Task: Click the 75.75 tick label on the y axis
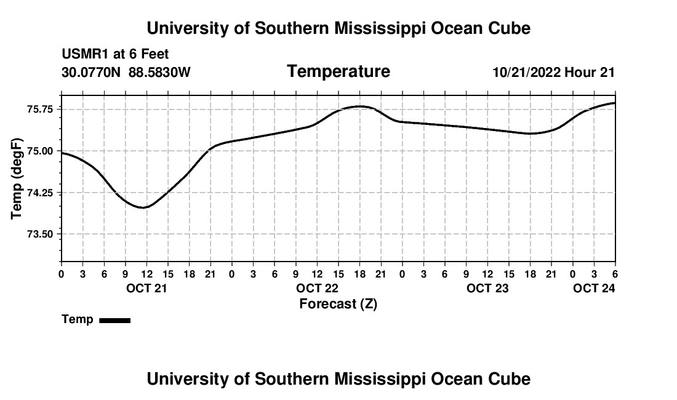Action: click(41, 109)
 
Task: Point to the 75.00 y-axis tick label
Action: click(41, 151)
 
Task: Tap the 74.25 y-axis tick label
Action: click(41, 193)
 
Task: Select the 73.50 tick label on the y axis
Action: click(41, 234)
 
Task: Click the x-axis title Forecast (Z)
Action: click(338, 303)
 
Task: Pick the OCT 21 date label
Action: click(146, 288)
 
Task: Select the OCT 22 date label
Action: click(317, 288)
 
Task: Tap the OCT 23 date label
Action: click(487, 288)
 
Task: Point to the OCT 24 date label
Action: click(594, 288)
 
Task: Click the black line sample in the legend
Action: click(114, 320)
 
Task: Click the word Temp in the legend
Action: click(78, 319)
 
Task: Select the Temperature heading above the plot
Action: click(338, 71)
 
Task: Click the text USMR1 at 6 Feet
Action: click(115, 55)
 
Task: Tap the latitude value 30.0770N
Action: click(92, 73)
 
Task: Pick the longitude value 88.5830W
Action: click(159, 73)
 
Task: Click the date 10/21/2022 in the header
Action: click(526, 73)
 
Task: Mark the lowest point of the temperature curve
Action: click(143, 207)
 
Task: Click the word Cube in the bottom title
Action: click(510, 379)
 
